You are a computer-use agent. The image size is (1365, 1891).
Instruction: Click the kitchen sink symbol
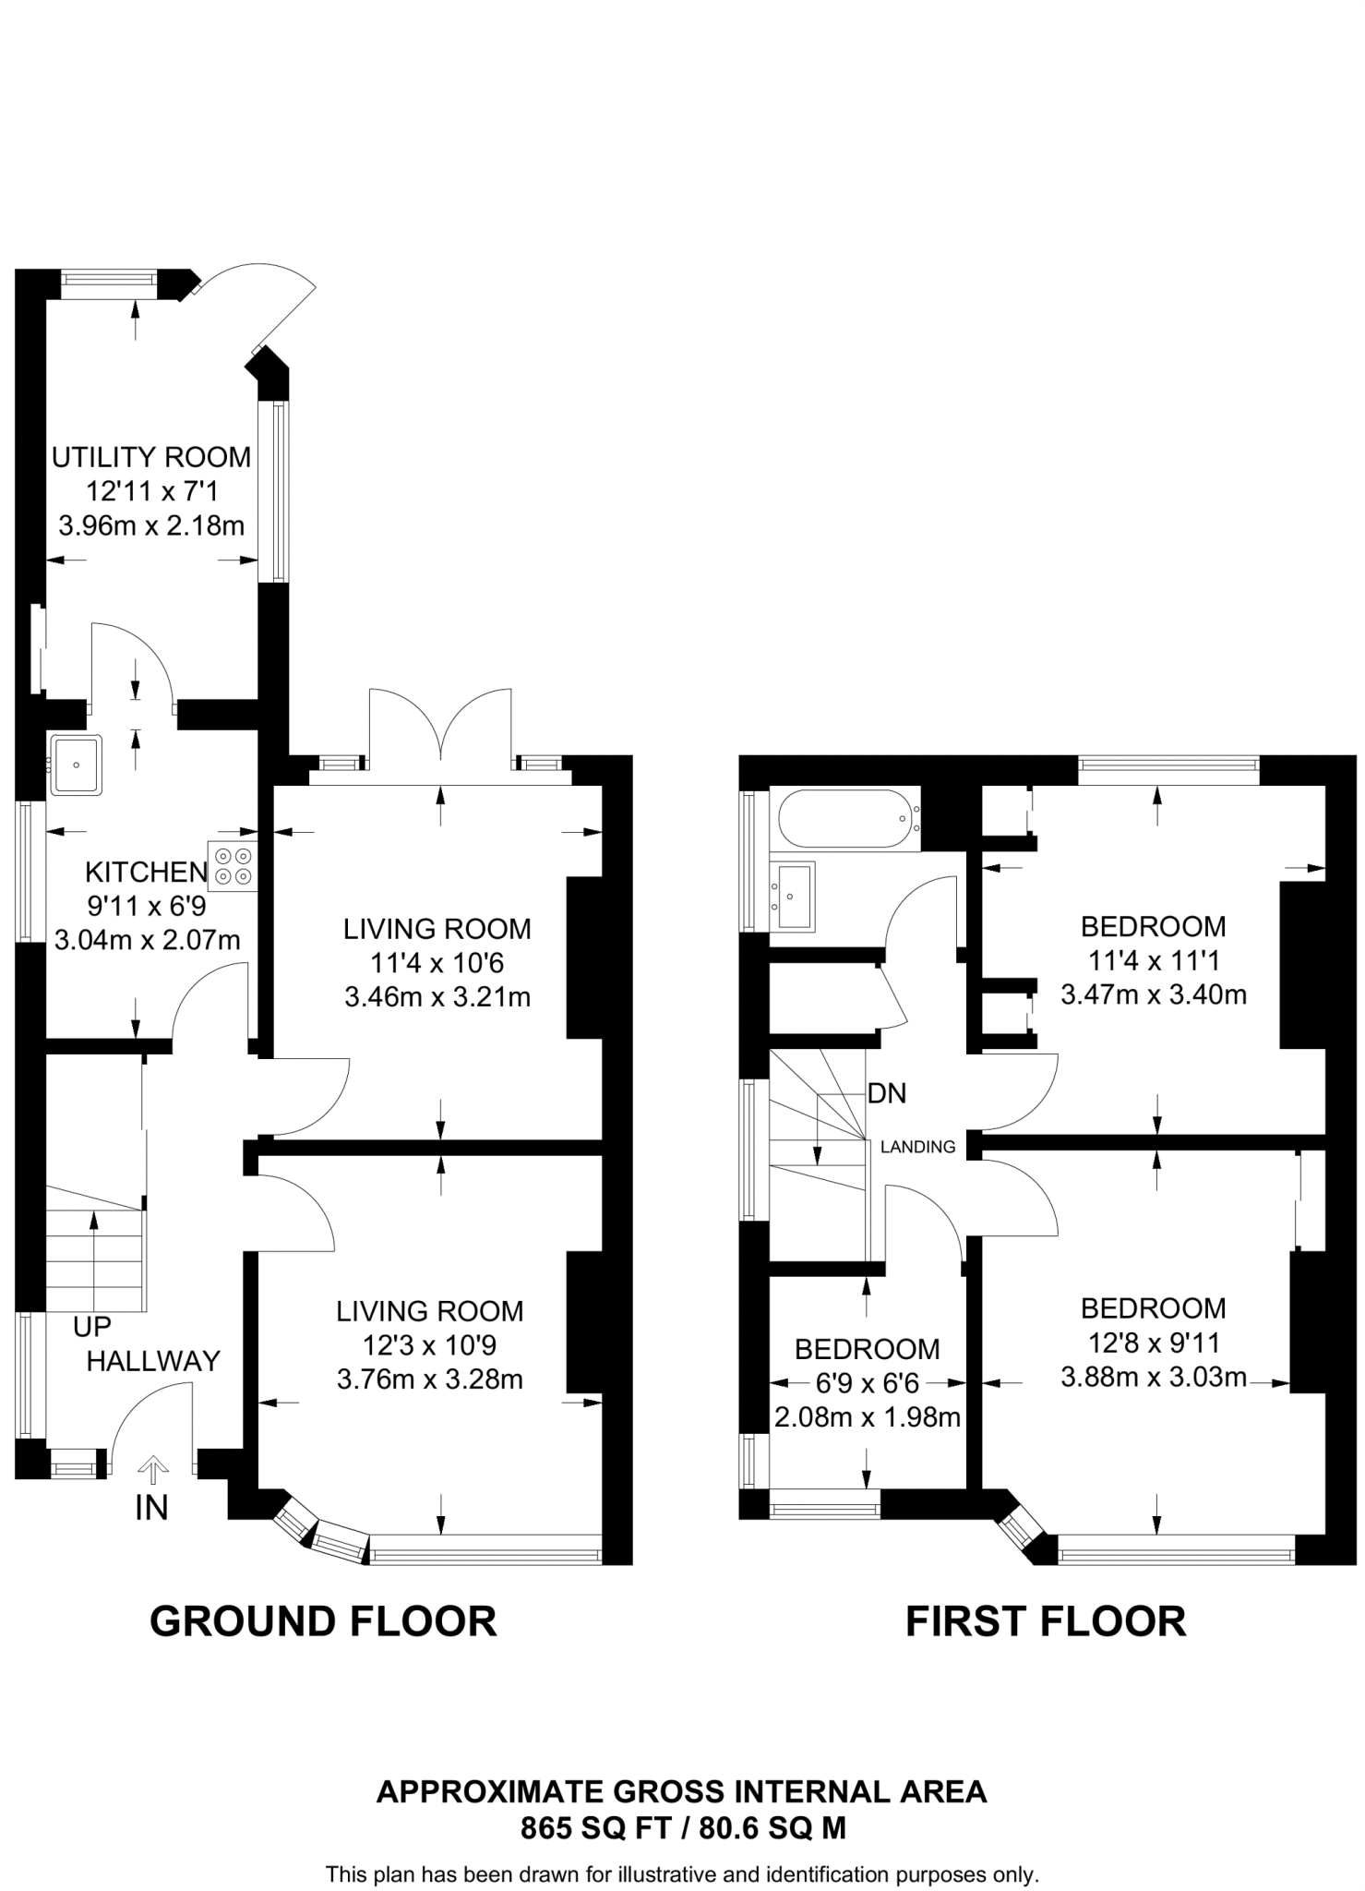[x=77, y=765]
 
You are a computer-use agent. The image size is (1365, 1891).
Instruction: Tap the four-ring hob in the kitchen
[x=233, y=866]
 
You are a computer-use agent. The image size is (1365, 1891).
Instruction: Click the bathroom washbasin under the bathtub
[x=794, y=895]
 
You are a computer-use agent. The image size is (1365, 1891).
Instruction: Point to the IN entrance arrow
[x=152, y=1467]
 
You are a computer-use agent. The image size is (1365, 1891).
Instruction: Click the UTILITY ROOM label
[x=151, y=457]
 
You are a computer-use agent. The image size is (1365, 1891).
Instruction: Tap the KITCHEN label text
[x=146, y=872]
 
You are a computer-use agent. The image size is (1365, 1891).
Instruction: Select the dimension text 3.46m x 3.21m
[x=437, y=997]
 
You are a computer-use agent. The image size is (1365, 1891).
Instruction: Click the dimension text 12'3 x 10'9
[x=429, y=1345]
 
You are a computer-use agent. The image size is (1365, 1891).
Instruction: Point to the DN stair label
[x=887, y=1093]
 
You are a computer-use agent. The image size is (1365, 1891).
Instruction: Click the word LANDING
[x=917, y=1147]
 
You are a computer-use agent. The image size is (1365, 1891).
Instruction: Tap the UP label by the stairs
[x=92, y=1327]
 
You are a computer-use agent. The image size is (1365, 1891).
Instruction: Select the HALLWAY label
[x=153, y=1361]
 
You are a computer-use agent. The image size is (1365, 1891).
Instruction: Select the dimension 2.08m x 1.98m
[x=868, y=1416]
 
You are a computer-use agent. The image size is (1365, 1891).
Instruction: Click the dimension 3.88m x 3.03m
[x=1154, y=1378]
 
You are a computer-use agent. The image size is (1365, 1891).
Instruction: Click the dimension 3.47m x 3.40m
[x=1154, y=995]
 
